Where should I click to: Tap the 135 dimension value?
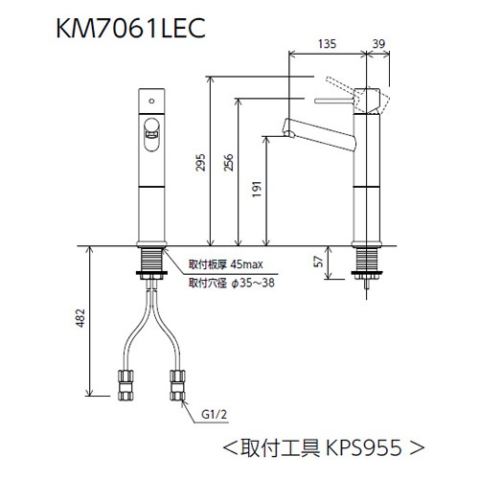pos(326,42)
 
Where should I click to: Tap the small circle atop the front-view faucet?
pos(150,99)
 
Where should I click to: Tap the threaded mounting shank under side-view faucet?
pos(367,262)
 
